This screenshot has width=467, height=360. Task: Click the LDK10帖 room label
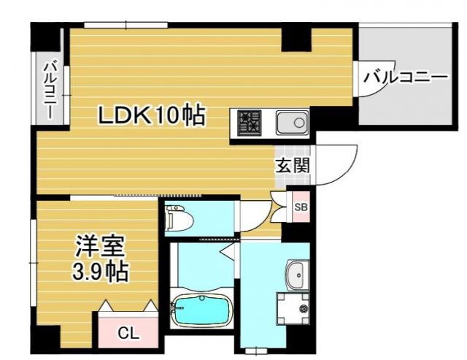click(151, 115)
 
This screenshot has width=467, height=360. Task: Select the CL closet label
click(128, 334)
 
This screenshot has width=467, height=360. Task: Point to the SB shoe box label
click(300, 206)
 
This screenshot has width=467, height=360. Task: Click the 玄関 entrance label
click(292, 165)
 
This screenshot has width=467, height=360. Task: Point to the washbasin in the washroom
click(298, 275)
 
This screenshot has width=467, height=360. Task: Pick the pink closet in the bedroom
click(128, 327)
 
